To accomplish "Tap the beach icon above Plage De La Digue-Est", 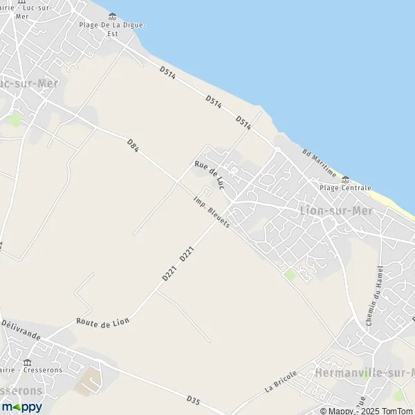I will click(112, 16).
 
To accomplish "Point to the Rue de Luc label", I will click(210, 174).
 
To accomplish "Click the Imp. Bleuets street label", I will click(212, 212).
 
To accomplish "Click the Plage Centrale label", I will click(345, 188).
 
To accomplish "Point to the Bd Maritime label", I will click(319, 163).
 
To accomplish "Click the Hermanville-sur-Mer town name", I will click(364, 373).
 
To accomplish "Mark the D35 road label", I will click(194, 400).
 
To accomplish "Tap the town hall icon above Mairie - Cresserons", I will click(28, 362).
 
